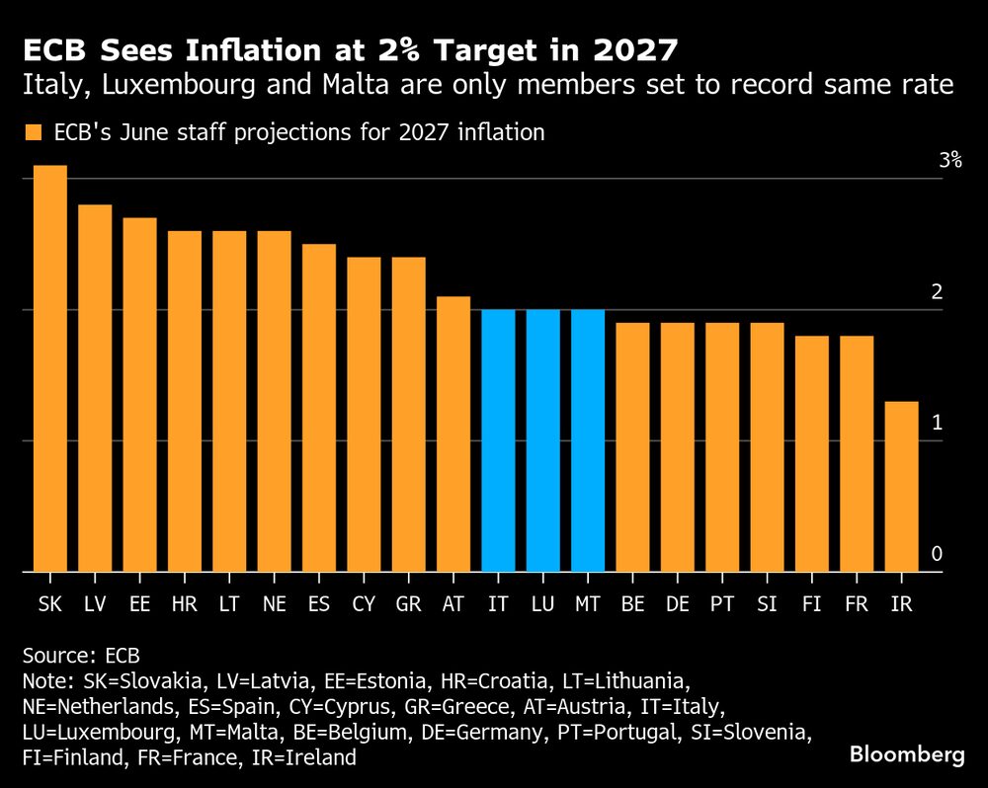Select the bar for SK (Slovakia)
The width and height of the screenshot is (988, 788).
point(50,368)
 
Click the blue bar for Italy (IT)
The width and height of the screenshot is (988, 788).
point(498,440)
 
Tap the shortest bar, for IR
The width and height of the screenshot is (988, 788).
point(902,486)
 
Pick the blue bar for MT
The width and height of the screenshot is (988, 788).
point(588,440)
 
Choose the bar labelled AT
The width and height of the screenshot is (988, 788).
point(453,433)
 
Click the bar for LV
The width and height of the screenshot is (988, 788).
point(95,388)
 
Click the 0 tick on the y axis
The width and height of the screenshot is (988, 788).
point(936,555)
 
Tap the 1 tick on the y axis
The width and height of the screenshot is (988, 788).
point(936,423)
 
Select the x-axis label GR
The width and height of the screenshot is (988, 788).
point(408,602)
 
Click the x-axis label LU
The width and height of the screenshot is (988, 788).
point(542,602)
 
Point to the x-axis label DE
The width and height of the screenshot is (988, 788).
point(677,602)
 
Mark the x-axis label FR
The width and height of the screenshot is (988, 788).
point(857,602)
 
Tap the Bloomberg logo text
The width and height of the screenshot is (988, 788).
point(907,755)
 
